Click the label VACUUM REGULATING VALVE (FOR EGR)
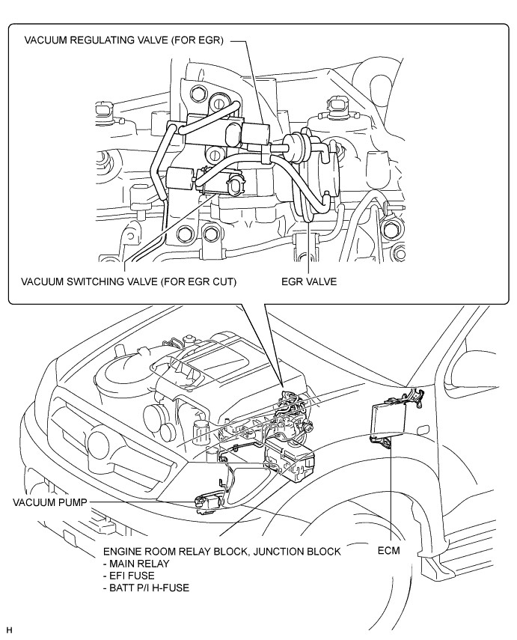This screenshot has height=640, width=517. [123, 40]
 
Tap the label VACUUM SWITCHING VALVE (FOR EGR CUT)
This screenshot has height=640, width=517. [129, 281]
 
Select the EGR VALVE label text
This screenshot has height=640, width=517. [309, 281]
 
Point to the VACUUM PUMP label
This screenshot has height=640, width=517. [50, 502]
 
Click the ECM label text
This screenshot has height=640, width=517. [388, 551]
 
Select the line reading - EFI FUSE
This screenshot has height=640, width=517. [129, 576]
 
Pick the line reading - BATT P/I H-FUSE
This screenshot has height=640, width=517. [146, 588]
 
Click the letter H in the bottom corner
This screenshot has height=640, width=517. [9, 631]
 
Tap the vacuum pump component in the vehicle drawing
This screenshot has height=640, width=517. [207, 502]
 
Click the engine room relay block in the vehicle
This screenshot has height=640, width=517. [290, 459]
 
